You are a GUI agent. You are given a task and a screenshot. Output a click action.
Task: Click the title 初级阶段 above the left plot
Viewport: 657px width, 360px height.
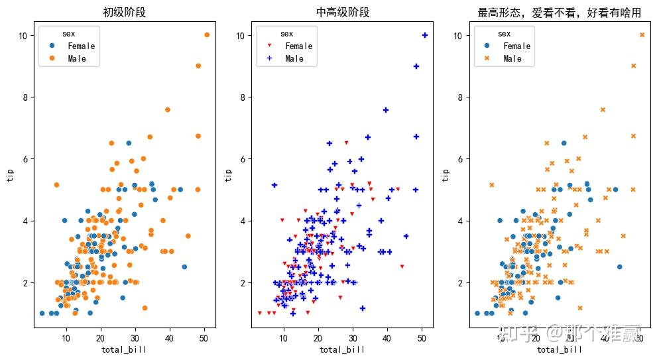tap(124, 12)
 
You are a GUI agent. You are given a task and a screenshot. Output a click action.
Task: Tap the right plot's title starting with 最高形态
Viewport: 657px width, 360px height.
tap(560, 12)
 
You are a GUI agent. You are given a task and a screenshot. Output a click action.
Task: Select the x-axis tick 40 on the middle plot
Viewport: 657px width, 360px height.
tap(387, 338)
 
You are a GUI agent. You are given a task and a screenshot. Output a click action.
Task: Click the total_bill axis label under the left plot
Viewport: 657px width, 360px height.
tap(124, 350)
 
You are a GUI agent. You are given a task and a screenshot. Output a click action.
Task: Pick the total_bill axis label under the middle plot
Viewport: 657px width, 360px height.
tap(341, 350)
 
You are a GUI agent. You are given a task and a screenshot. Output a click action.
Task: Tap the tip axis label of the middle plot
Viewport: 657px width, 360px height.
tap(229, 174)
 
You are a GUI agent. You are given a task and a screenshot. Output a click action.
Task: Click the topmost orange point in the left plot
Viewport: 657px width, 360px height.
tap(207, 35)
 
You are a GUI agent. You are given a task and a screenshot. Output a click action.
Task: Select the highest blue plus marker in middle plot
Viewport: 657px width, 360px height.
tap(425, 35)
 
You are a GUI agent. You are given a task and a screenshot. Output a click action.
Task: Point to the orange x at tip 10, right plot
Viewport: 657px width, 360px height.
tap(642, 35)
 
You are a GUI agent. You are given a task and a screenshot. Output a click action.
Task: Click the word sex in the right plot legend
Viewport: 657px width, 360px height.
tap(504, 34)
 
